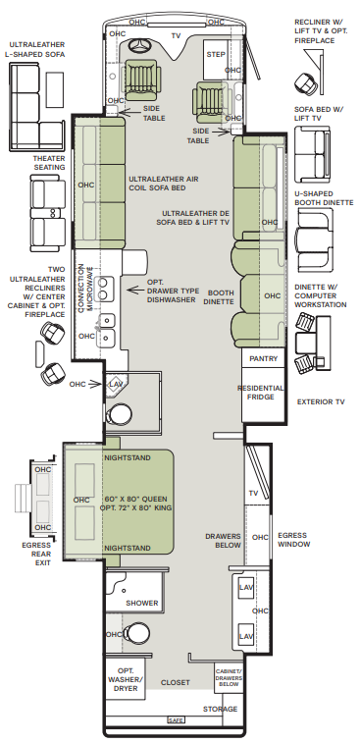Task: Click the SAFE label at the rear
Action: point(176,720)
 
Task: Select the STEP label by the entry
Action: point(216,55)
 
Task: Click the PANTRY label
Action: point(263,358)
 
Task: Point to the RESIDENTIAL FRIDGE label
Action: point(261,393)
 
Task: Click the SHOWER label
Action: point(142,604)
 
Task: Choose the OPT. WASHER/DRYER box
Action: point(125,679)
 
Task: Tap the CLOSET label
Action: point(176,682)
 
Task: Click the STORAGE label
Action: point(221,709)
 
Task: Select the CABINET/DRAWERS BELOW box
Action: point(229,678)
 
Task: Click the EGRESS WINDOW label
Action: point(293,540)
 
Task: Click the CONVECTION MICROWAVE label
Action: point(83,288)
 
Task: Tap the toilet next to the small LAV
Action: point(115,415)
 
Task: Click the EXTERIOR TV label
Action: point(321,401)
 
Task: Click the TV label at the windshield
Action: point(176,35)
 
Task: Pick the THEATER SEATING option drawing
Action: point(48,214)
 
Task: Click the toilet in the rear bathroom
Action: point(135,633)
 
